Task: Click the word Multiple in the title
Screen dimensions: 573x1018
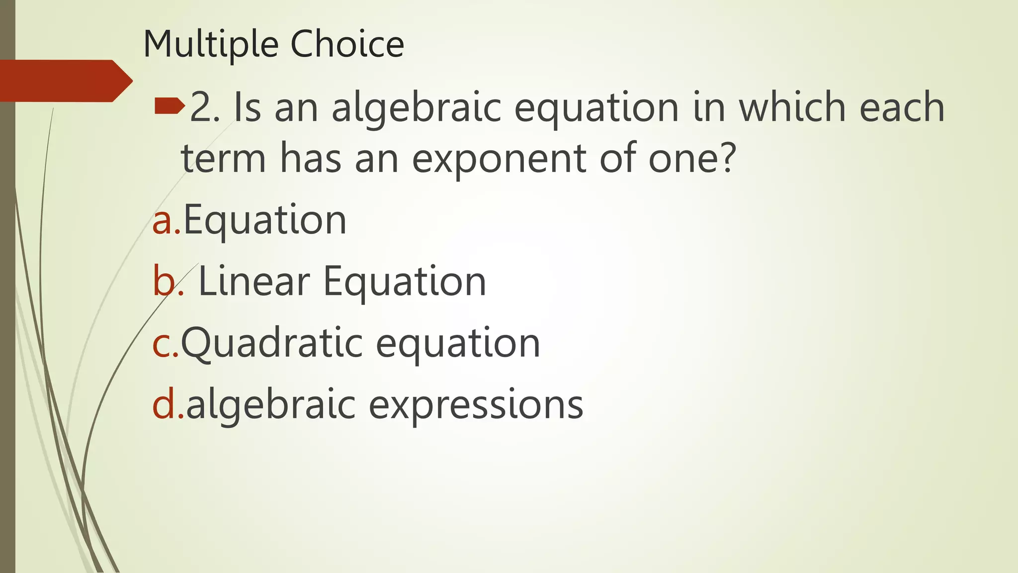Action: (x=211, y=45)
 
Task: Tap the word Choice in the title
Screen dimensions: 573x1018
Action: (x=347, y=44)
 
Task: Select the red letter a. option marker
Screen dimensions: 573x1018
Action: (x=167, y=221)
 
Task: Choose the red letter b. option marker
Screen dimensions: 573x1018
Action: (x=167, y=282)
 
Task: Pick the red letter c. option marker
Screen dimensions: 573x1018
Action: (x=165, y=343)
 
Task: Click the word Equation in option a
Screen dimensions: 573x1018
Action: (x=265, y=221)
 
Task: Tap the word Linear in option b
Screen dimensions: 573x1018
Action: (x=254, y=282)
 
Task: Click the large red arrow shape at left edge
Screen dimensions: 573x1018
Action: (x=65, y=81)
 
